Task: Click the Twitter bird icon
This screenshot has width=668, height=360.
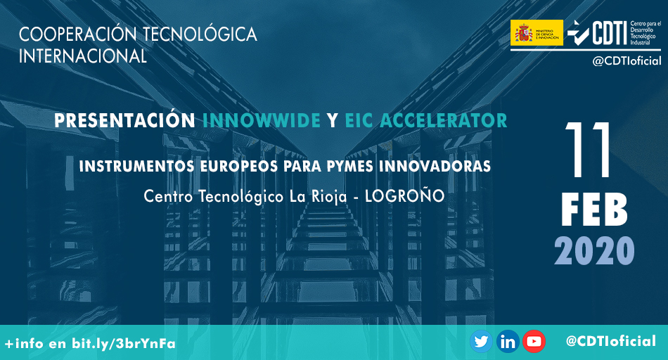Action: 481,342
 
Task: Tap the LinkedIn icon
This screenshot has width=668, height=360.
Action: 508,342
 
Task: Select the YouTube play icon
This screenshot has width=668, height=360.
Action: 534,342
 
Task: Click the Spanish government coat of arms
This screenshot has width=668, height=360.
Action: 523,32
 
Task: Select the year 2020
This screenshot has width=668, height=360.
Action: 594,251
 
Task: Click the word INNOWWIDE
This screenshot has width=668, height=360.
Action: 262,120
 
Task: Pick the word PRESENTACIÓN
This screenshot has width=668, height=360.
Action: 125,120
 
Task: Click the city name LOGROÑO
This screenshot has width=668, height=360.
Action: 406,196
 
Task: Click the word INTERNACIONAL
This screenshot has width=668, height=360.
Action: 83,56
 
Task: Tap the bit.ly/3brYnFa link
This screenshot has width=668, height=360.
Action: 124,343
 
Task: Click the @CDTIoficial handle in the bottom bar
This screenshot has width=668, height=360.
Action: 610,342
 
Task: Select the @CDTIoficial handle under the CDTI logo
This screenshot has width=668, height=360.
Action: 627,61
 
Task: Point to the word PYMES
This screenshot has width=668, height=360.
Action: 340,167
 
